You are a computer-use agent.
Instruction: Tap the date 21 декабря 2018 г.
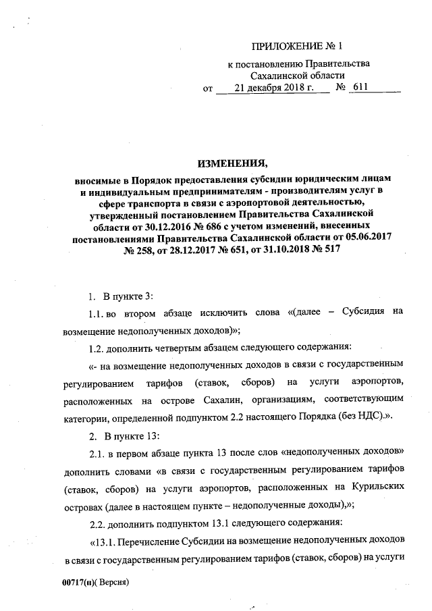(x=270, y=88)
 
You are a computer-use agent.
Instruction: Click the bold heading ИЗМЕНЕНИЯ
(x=233, y=163)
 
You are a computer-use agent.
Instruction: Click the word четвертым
(x=180, y=348)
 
